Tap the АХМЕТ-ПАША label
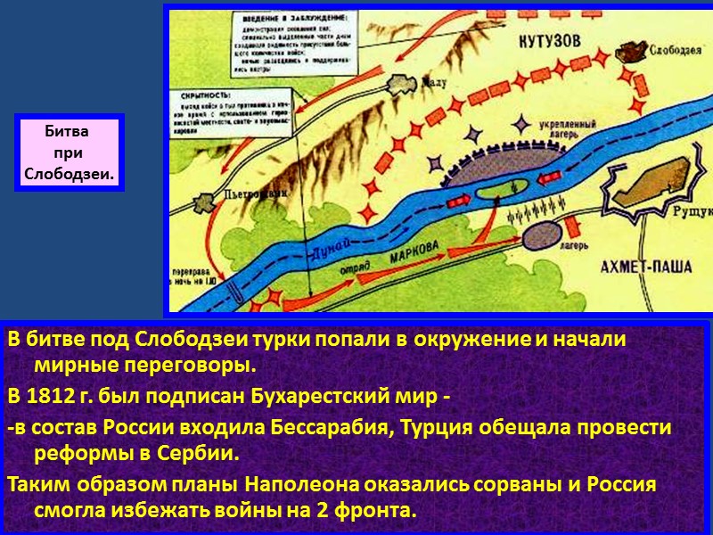pos(644,265)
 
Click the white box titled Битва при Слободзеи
pos(70,152)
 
